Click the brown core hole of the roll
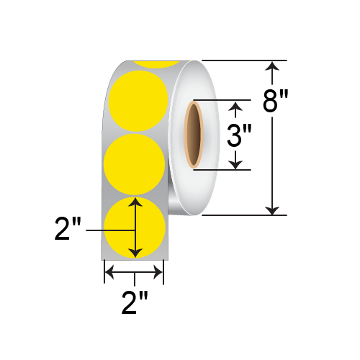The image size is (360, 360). pos(194,135)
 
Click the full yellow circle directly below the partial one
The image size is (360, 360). pos(137,101)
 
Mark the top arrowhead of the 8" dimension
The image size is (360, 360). pos(272,67)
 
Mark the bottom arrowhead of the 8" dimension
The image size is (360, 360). pos(272,209)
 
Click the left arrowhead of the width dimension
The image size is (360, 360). pos(109,272)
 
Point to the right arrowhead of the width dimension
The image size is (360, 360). pos(159,272)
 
